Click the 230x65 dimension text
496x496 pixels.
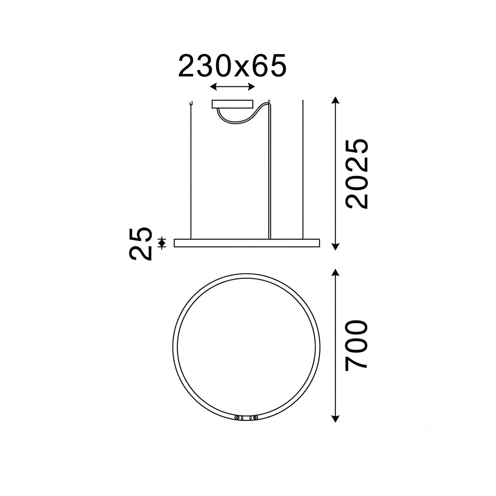point(232,66)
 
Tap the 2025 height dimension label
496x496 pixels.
point(357,174)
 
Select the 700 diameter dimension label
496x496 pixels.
point(356,345)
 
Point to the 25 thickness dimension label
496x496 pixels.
point(141,243)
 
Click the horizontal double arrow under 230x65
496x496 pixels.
point(232,86)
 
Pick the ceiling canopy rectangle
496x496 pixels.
point(232,104)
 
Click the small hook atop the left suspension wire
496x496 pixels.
point(191,103)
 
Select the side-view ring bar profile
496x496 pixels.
point(247,243)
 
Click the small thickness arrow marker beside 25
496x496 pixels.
point(162,243)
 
